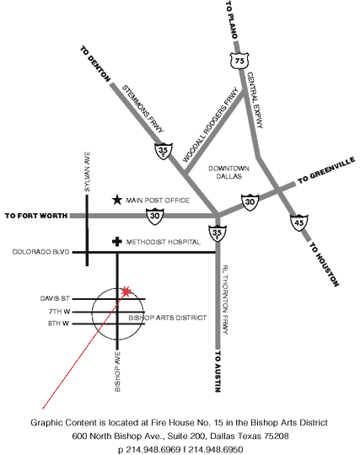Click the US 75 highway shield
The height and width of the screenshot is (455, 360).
point(239,61)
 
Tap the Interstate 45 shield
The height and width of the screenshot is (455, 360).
point(299,222)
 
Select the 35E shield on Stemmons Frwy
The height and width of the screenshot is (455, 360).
point(164,151)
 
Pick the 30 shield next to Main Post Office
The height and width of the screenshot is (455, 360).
point(155,217)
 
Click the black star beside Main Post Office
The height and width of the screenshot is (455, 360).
point(117,200)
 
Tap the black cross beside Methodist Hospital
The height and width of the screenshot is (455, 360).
point(116,242)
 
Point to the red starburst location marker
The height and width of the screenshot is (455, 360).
point(126,292)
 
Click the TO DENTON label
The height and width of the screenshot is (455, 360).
point(95,64)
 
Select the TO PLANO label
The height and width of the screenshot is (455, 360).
point(232,19)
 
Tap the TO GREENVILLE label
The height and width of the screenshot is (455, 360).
point(326,169)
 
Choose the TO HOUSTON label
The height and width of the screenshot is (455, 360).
point(324,265)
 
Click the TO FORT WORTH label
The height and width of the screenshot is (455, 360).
point(36,216)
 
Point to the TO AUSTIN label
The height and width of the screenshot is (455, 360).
point(218,372)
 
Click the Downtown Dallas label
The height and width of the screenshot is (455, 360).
point(228,173)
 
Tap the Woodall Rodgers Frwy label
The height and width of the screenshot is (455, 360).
point(211,125)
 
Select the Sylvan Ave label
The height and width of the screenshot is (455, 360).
point(87,172)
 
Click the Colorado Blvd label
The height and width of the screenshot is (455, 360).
point(41,252)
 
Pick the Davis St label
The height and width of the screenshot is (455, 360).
point(55,298)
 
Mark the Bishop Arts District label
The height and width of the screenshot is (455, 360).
point(168,318)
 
